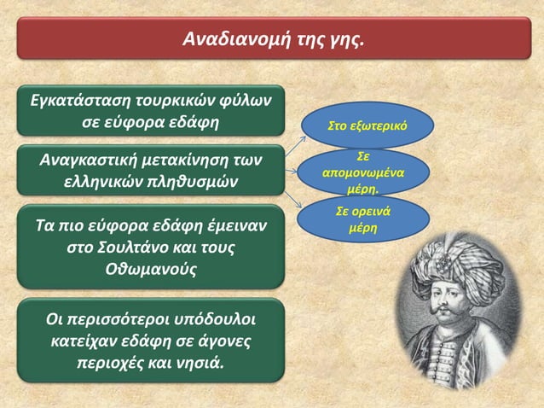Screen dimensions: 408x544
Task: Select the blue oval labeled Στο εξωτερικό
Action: click(x=367, y=125)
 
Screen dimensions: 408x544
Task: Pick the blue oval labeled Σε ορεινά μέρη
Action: click(x=363, y=219)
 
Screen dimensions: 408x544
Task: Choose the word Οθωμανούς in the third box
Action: click(x=150, y=270)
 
